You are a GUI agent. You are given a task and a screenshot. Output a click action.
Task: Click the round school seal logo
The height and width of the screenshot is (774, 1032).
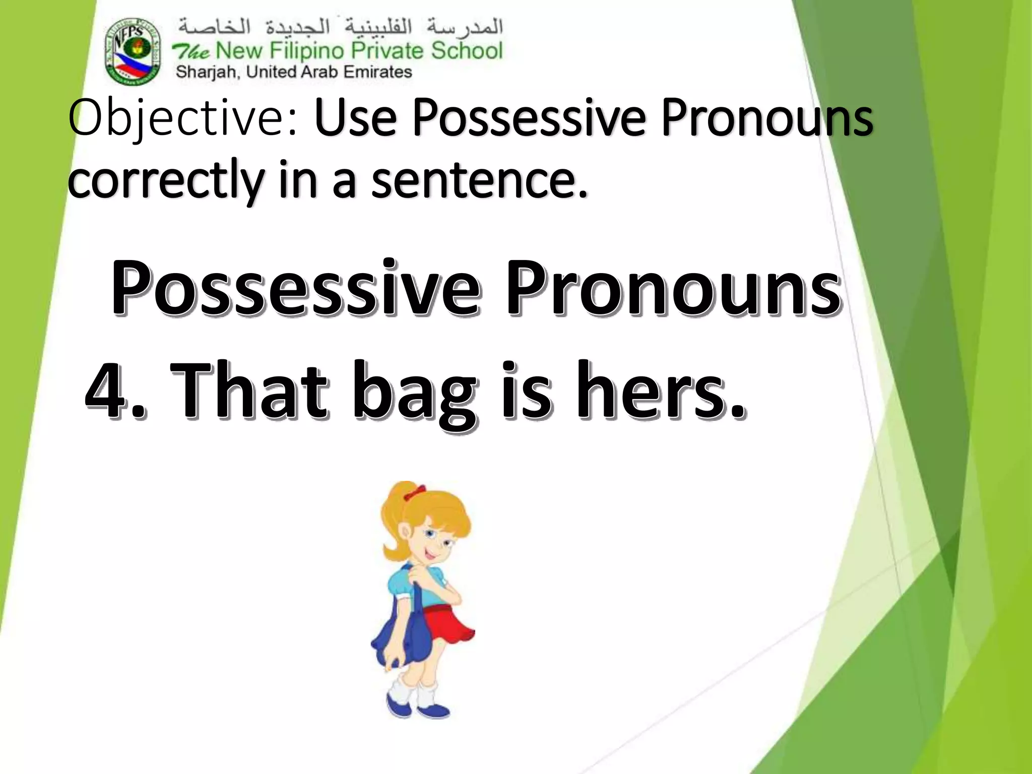coord(133,51)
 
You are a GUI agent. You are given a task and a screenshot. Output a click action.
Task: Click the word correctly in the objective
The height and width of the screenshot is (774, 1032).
coord(166,181)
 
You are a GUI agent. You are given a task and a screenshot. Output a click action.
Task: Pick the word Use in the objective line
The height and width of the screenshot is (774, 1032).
coord(356,119)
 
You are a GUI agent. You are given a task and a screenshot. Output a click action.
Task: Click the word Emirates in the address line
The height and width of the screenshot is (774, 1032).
coord(377,72)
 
